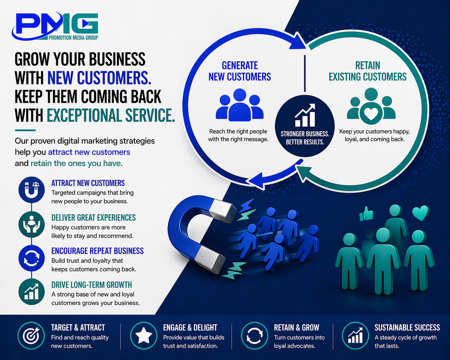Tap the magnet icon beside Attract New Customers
point(31,190)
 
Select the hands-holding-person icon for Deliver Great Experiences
point(31,224)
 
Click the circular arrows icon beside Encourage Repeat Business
point(31,258)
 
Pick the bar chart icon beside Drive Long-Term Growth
point(31,292)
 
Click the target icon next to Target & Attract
point(31,336)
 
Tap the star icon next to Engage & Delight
point(143,336)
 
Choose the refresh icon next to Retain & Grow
point(254,336)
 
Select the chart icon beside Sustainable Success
point(355,336)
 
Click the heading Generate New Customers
point(240,71)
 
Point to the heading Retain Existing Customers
point(368,71)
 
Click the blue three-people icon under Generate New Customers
point(240,105)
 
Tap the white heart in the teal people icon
point(371,113)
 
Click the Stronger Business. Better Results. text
point(305,138)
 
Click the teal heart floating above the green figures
point(420,212)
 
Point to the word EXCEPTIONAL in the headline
point(86,116)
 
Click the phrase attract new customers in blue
point(89,152)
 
